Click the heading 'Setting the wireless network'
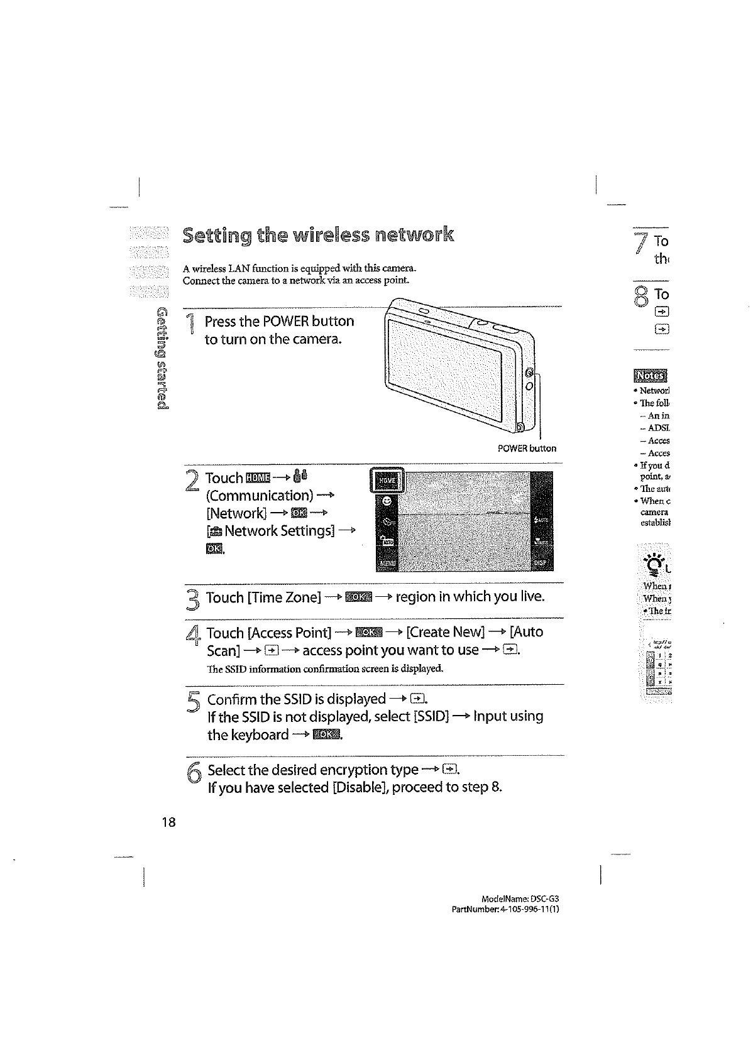coord(317,236)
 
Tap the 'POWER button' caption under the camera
coord(526,449)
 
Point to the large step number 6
coord(194,773)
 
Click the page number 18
coord(169,822)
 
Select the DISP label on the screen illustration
coord(542,562)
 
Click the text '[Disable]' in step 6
coord(360,787)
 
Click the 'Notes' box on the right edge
coord(650,375)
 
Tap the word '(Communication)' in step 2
coord(260,496)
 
